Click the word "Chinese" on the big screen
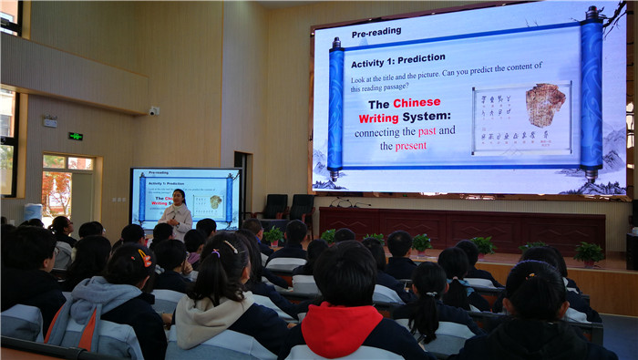pyautogui.click(x=417, y=103)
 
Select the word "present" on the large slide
pyautogui.click(x=410, y=145)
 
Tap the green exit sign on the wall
pyautogui.click(x=75, y=137)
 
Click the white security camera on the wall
pyautogui.click(x=154, y=111)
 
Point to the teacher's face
pyautogui.click(x=179, y=197)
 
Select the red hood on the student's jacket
pyautogui.click(x=342, y=328)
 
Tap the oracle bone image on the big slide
pyautogui.click(x=544, y=106)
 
